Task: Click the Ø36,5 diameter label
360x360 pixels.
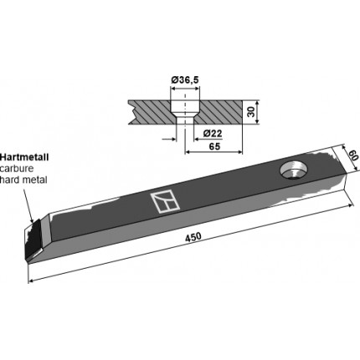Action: click(185, 80)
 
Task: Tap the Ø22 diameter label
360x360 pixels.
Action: click(213, 133)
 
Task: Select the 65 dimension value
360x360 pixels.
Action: click(214, 147)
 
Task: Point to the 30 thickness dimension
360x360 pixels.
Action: click(251, 112)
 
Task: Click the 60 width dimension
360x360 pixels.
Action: click(352, 155)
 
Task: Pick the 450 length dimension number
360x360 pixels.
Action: click(193, 237)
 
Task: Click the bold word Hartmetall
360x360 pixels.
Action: click(24, 157)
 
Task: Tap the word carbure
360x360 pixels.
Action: click(17, 168)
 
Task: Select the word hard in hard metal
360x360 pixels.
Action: click(10, 180)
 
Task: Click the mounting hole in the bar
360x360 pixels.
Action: click(293, 171)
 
